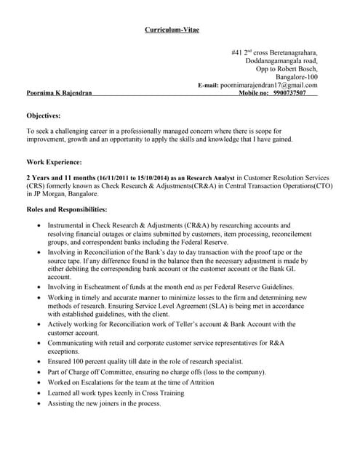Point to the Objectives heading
44,116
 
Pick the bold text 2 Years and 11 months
60,177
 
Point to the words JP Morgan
52,194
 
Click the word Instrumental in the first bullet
69,225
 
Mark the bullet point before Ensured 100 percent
38,361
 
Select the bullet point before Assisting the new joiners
38,403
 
